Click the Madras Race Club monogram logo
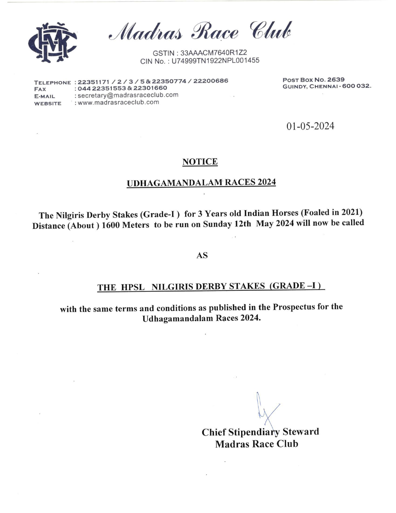[52, 42]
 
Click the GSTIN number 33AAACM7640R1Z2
[213, 53]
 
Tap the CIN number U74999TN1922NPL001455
[215, 61]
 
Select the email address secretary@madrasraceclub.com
[128, 95]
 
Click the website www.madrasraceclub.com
[118, 102]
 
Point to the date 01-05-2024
[310, 126]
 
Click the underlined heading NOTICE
[200, 162]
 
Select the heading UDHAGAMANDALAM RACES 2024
[201, 182]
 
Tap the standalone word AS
[202, 256]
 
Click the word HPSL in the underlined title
[133, 287]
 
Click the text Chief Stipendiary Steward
[260, 432]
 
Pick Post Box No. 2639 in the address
[313, 80]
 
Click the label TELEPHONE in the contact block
[52, 83]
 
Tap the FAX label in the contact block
[40, 90]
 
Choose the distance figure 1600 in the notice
[111, 225]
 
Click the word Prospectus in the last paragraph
[294, 307]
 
